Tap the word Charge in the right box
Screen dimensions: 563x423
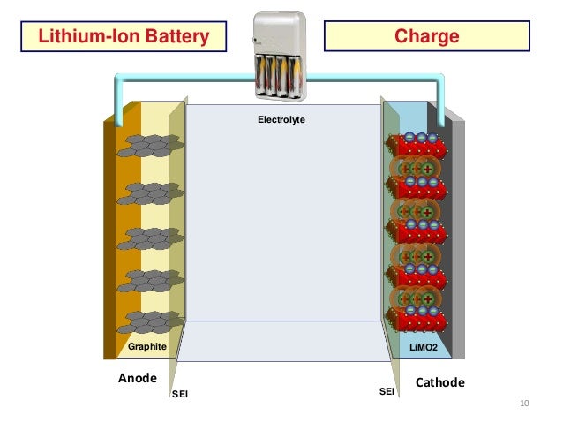click(426, 36)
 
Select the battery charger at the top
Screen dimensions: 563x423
click(280, 56)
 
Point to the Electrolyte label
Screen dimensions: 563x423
click(281, 120)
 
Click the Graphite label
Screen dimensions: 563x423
click(147, 346)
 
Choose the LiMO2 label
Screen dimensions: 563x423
click(424, 348)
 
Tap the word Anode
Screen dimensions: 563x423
click(138, 378)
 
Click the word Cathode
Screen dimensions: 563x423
click(439, 382)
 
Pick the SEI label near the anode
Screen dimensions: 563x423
click(180, 394)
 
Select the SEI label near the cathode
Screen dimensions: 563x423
click(387, 391)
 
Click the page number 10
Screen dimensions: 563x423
click(524, 404)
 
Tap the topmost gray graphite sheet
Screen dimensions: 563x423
click(151, 146)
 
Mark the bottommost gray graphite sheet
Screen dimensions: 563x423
click(151, 322)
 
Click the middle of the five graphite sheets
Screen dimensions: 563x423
click(151, 238)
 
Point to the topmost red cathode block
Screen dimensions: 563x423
click(417, 147)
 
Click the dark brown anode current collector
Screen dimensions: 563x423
click(110, 239)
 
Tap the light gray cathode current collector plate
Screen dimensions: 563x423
click(459, 239)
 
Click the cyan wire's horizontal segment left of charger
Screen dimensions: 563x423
click(185, 77)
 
